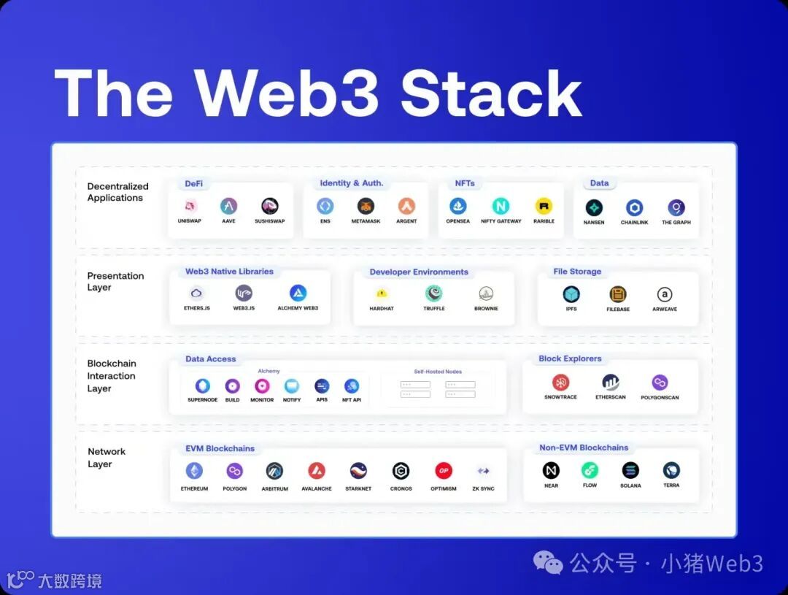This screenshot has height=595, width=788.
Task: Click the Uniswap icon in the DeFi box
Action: click(x=190, y=206)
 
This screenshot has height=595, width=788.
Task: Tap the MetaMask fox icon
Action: click(x=366, y=206)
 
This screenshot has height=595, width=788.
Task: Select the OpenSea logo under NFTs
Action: click(x=457, y=206)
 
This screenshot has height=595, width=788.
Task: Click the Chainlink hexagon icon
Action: click(x=634, y=208)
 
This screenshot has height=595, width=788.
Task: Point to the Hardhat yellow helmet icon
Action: click(x=381, y=293)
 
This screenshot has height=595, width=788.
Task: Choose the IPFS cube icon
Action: click(x=571, y=294)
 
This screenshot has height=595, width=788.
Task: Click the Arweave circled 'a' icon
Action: click(x=664, y=294)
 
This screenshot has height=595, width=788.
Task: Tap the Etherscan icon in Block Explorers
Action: click(x=611, y=383)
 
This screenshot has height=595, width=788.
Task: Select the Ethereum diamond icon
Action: click(x=194, y=471)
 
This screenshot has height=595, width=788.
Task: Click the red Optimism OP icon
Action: click(x=444, y=471)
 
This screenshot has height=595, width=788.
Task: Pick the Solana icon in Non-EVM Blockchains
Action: click(x=630, y=470)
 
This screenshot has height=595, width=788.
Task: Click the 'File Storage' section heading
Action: click(x=577, y=272)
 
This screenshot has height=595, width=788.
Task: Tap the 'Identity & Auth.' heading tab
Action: click(x=351, y=183)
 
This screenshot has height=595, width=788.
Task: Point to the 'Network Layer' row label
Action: click(x=107, y=458)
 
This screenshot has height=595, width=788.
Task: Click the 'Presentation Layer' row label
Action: click(x=115, y=282)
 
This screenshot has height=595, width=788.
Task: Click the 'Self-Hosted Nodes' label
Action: click(x=438, y=372)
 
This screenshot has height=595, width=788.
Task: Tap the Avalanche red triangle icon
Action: click(x=317, y=471)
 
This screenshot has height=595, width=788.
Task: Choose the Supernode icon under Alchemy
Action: click(x=202, y=386)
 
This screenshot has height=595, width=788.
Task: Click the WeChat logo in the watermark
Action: click(x=548, y=563)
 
